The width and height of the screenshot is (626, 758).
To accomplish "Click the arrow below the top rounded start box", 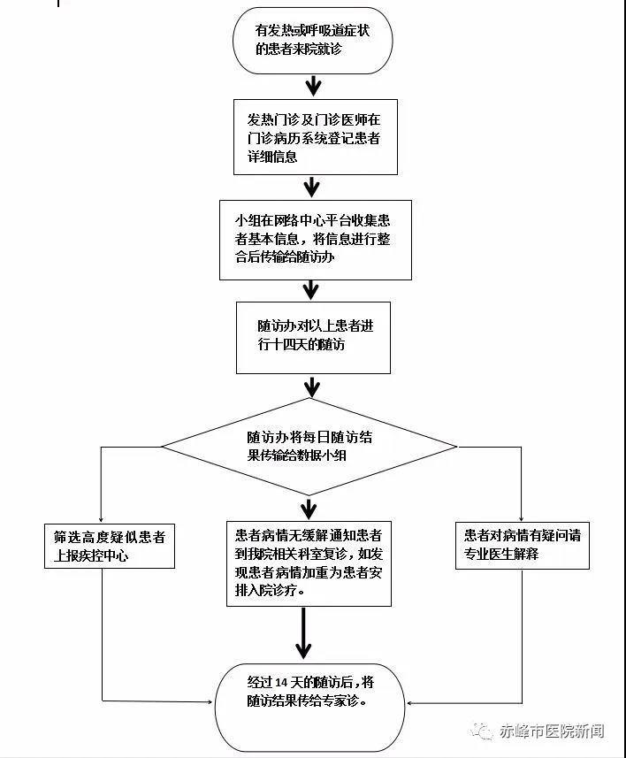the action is pyautogui.click(x=313, y=86).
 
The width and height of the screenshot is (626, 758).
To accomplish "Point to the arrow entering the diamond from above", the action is pyautogui.click(x=312, y=387).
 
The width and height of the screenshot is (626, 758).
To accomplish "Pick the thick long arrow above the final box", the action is pyautogui.click(x=303, y=633).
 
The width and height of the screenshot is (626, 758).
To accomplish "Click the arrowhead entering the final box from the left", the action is pyautogui.click(x=210, y=701).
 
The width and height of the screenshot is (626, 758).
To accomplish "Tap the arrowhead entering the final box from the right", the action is pyautogui.click(x=410, y=703).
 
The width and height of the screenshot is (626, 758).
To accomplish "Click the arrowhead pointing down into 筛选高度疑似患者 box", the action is pyautogui.click(x=101, y=519).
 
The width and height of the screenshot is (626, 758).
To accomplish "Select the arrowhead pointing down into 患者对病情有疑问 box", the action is pyautogui.click(x=521, y=517).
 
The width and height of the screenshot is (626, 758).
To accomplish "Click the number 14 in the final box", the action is pyautogui.click(x=281, y=683).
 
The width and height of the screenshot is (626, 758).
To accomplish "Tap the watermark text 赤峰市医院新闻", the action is pyautogui.click(x=552, y=731).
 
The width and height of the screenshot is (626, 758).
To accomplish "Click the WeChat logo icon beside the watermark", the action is pyautogui.click(x=482, y=731).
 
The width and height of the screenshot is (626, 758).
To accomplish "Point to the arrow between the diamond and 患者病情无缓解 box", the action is pyautogui.click(x=309, y=508).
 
